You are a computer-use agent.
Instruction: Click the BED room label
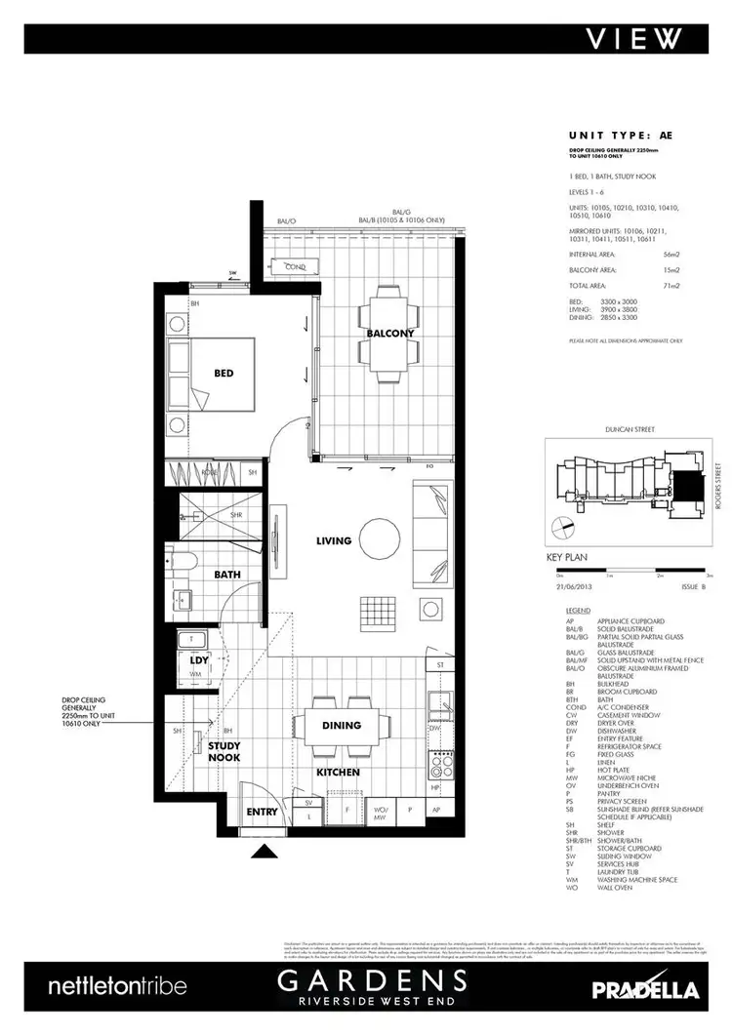[x=224, y=373]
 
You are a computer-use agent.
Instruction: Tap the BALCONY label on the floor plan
[x=390, y=334]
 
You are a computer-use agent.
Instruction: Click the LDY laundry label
[x=199, y=660]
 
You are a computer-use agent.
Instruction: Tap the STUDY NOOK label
[x=225, y=752]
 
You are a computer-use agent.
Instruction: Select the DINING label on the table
[x=342, y=725]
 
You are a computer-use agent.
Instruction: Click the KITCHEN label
[x=338, y=772]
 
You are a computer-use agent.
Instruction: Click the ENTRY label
[x=263, y=811]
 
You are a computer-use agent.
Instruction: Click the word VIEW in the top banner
[x=633, y=38]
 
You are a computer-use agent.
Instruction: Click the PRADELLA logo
[x=645, y=989]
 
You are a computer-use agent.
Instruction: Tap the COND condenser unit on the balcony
[x=296, y=266]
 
